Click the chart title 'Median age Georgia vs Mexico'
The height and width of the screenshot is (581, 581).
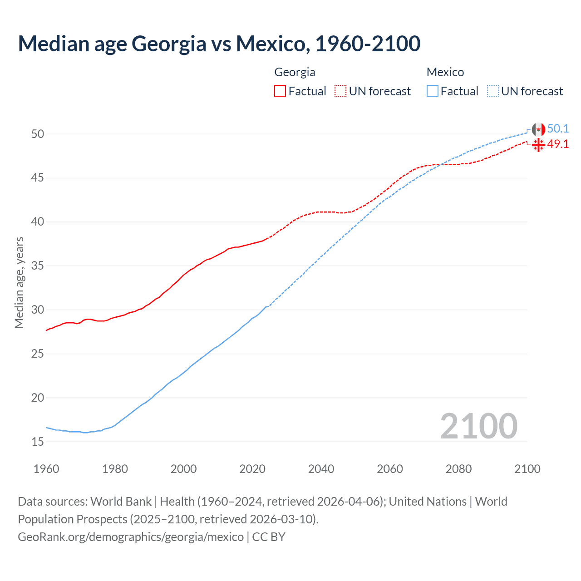click(x=219, y=44)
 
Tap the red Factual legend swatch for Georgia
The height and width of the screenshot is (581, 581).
click(x=280, y=91)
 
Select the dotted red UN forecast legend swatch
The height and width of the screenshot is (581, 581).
click(x=340, y=91)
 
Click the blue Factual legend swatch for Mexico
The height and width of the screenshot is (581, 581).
click(x=433, y=91)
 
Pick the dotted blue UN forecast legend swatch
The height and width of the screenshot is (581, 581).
click(x=493, y=91)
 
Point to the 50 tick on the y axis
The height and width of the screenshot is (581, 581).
click(x=38, y=134)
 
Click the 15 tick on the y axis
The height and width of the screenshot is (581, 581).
click(x=38, y=442)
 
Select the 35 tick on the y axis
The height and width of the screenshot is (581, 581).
click(x=38, y=266)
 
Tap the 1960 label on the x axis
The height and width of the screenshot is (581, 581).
click(x=46, y=469)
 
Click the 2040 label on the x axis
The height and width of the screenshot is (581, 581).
click(x=321, y=469)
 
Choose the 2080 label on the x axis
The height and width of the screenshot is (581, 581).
click(x=458, y=469)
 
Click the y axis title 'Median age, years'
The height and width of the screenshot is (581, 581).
click(x=19, y=282)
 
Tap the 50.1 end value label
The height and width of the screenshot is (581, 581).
click(x=558, y=129)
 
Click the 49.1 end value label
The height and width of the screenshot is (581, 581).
click(x=558, y=144)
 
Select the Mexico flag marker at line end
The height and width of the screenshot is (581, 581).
click(x=538, y=129)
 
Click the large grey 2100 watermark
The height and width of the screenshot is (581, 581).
click(x=478, y=426)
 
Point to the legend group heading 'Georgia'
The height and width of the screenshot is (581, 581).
click(x=295, y=72)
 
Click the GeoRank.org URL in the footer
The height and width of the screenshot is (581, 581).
click(x=131, y=537)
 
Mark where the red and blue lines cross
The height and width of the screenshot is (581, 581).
click(x=441, y=164)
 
